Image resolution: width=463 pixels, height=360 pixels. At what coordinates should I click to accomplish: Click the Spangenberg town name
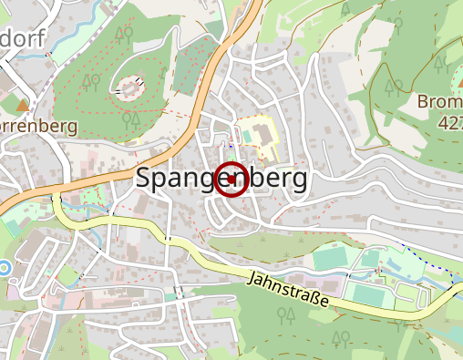(x=221, y=179)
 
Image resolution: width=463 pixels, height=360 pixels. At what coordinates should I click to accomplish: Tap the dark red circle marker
(x=231, y=180)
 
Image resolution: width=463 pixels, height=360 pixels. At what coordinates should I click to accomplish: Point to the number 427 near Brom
(x=449, y=121)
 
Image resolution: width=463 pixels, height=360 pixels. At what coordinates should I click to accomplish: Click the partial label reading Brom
(x=440, y=101)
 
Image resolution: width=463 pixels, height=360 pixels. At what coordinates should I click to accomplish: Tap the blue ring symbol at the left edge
(x=4, y=268)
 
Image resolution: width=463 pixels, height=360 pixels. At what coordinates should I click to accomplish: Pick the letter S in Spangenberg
(x=145, y=179)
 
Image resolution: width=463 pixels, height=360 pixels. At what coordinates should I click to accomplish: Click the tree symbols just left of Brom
(x=394, y=87)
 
